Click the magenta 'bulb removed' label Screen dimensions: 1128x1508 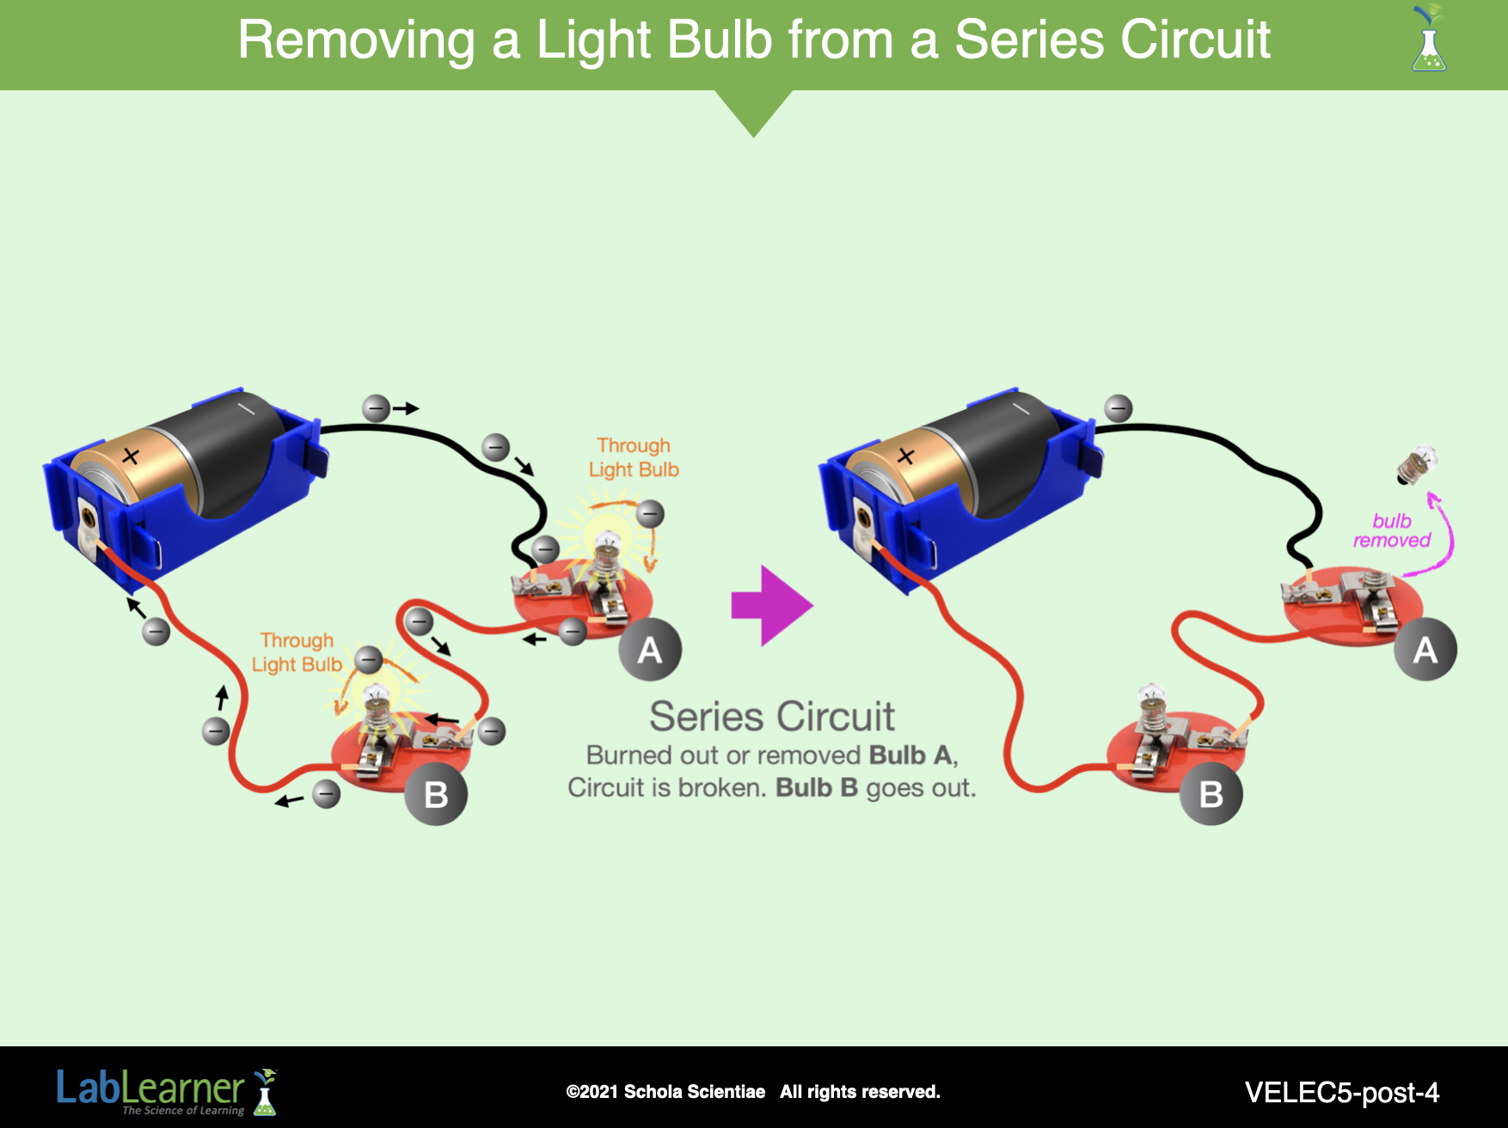[x=1391, y=531]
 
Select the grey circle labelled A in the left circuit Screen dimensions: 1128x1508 [x=650, y=649]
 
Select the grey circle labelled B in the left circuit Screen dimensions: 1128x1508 [x=436, y=794]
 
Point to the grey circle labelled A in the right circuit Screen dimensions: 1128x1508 [x=1425, y=649]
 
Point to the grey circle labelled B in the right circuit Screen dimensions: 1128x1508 [x=1211, y=794]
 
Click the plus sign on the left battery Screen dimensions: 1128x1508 [x=130, y=456]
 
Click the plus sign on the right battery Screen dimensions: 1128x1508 [x=905, y=456]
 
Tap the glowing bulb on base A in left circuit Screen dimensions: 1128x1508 [x=608, y=547]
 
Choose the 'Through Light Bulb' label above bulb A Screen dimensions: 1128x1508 [x=634, y=457]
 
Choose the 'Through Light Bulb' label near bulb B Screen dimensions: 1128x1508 [x=297, y=653]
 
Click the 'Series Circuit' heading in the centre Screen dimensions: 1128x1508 [x=771, y=716]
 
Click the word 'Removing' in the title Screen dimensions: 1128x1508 [x=356, y=40]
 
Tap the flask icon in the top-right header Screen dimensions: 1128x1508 [x=1429, y=40]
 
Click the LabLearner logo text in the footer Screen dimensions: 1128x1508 [x=151, y=1088]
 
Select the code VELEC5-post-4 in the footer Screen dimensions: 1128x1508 [x=1341, y=1092]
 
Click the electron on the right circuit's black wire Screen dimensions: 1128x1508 [x=1118, y=408]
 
